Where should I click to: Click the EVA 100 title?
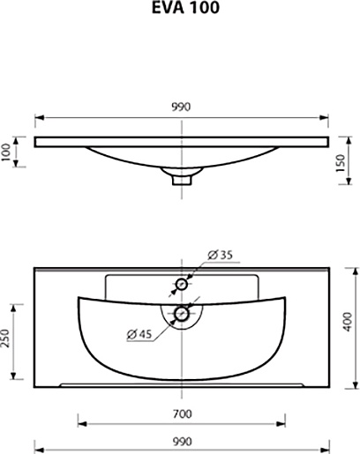(x=185, y=8)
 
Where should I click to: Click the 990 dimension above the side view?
(x=181, y=107)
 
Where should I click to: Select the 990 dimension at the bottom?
(x=183, y=442)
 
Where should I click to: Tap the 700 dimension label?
(x=183, y=414)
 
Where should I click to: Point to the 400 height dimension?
(x=348, y=322)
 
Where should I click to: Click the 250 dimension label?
(x=5, y=338)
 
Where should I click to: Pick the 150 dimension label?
(x=340, y=163)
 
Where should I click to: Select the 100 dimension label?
(x=6, y=153)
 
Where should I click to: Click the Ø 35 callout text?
(x=220, y=255)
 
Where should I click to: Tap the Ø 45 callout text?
(x=139, y=334)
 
